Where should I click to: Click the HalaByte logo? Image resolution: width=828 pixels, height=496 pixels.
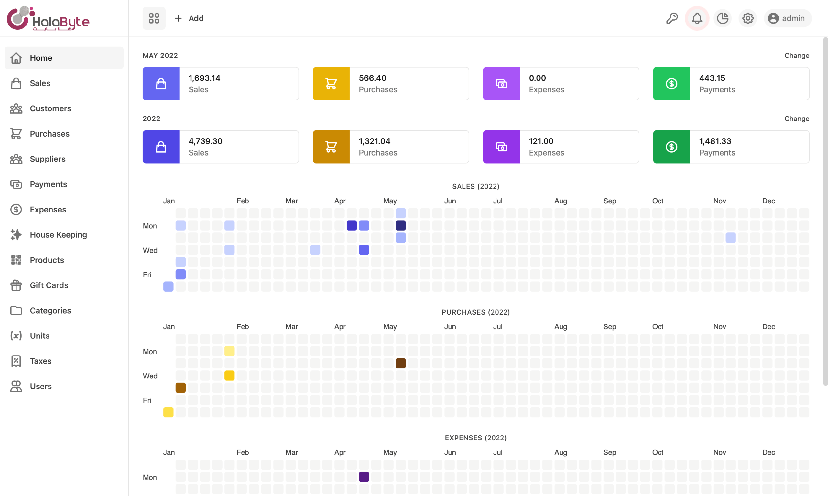tap(48, 18)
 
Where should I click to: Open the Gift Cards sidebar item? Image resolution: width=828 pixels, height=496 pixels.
tap(49, 285)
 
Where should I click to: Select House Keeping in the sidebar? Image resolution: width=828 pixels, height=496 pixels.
tap(58, 235)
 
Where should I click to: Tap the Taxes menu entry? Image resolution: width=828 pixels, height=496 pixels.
tap(40, 361)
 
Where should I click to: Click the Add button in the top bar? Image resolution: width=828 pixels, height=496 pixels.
tap(190, 18)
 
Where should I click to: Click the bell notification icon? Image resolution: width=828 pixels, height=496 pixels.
tap(697, 18)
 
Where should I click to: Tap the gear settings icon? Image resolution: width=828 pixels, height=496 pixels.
tap(748, 18)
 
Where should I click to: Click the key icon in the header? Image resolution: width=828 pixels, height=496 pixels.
tap(672, 18)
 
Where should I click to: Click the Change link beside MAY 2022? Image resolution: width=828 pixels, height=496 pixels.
tap(797, 56)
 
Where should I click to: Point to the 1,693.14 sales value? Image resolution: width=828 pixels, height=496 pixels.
tap(204, 78)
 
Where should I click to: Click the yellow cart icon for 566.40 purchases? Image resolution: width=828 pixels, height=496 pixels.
tap(331, 84)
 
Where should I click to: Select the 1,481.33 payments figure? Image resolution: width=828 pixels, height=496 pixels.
tap(715, 141)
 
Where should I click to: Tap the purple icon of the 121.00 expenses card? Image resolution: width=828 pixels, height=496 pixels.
tap(501, 147)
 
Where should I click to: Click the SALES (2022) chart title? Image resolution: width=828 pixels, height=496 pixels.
tap(475, 186)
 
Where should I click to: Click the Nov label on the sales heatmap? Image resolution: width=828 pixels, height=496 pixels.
tap(720, 201)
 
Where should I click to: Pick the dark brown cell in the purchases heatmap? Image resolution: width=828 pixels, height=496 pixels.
tap(401, 363)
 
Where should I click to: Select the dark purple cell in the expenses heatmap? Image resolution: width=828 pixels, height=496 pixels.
tap(364, 477)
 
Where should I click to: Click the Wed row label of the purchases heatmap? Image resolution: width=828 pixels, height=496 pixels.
tap(150, 376)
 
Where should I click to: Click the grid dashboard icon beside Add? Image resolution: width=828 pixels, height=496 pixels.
tap(154, 18)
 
